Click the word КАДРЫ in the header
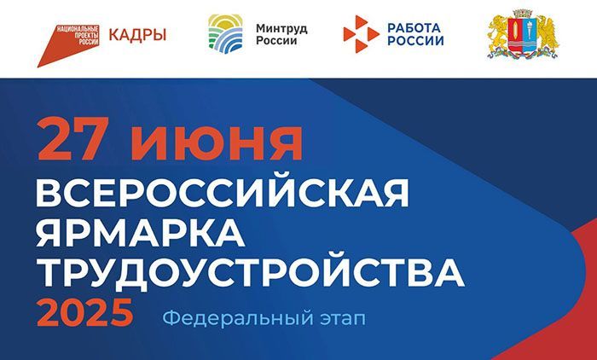[x=137, y=35]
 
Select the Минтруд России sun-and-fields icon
[x=225, y=34]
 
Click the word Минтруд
[x=281, y=28]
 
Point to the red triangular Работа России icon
[x=361, y=34]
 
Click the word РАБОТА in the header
[x=414, y=27]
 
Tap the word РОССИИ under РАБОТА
[x=416, y=40]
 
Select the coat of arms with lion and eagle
[x=524, y=34]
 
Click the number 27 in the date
[x=73, y=139]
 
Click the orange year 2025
[x=85, y=313]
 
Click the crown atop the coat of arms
[x=524, y=14]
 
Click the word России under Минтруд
[x=276, y=40]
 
